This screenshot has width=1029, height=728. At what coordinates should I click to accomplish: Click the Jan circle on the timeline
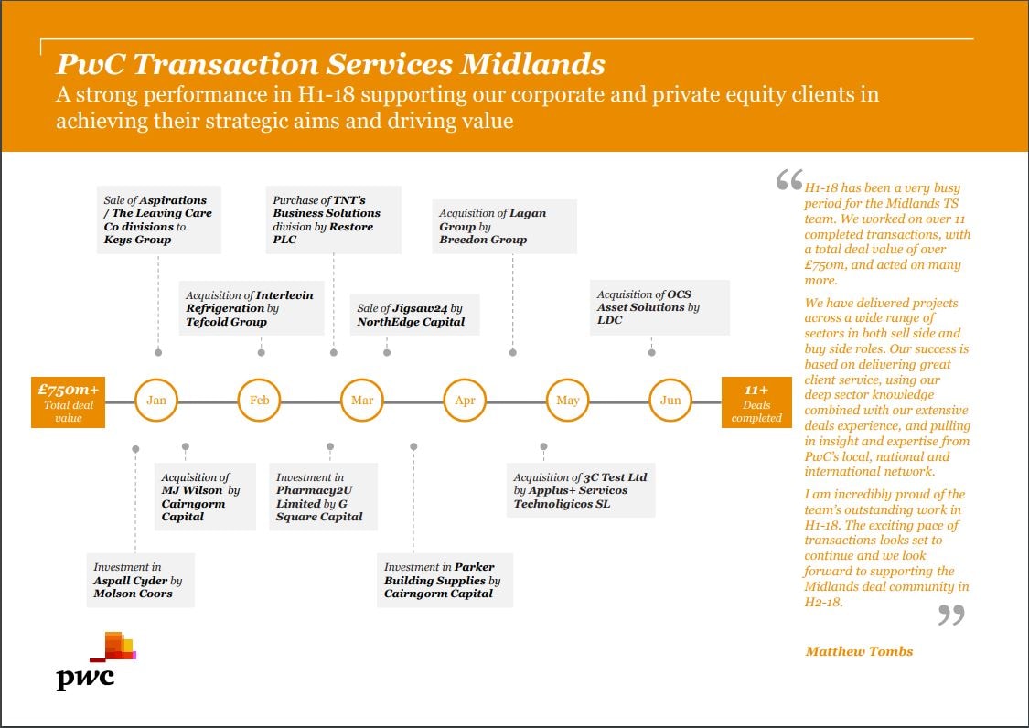click(x=157, y=401)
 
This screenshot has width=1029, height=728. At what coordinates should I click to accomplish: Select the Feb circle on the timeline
click(x=260, y=401)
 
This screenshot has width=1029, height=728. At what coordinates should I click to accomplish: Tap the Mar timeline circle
click(x=362, y=401)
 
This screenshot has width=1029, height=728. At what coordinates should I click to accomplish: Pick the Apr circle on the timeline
click(x=465, y=401)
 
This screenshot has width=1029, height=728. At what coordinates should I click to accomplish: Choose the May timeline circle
click(x=568, y=401)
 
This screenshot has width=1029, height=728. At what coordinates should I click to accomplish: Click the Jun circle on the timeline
click(x=670, y=401)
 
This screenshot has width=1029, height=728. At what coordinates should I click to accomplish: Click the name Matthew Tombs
click(x=859, y=651)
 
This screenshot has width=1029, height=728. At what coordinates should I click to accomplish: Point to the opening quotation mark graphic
click(x=788, y=180)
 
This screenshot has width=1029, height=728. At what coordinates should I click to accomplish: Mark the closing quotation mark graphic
click(x=951, y=616)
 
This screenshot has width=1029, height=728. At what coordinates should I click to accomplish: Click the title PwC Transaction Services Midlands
click(x=330, y=64)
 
